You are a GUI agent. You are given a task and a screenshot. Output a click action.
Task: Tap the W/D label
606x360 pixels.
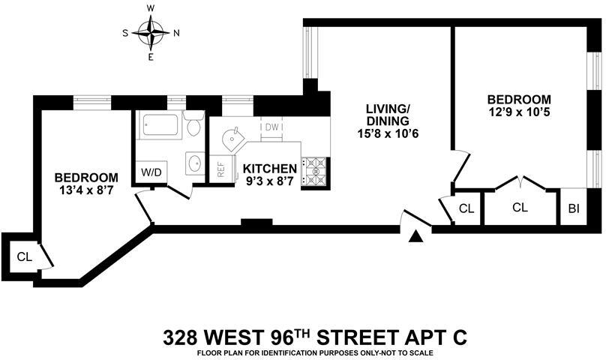click(151, 172)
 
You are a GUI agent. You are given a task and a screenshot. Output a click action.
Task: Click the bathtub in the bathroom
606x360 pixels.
click(159, 126)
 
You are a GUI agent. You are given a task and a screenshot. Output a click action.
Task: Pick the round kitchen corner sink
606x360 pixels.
click(233, 137)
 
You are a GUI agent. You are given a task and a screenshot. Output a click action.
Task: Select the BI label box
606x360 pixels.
click(573, 208)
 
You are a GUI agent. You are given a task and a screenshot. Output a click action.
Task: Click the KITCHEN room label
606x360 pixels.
click(268, 169)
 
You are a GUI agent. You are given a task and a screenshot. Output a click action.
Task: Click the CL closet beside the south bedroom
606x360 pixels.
click(24, 256)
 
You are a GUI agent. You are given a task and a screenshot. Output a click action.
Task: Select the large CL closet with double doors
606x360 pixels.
click(520, 207)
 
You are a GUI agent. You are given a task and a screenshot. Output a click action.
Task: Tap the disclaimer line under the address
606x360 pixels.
click(315, 352)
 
